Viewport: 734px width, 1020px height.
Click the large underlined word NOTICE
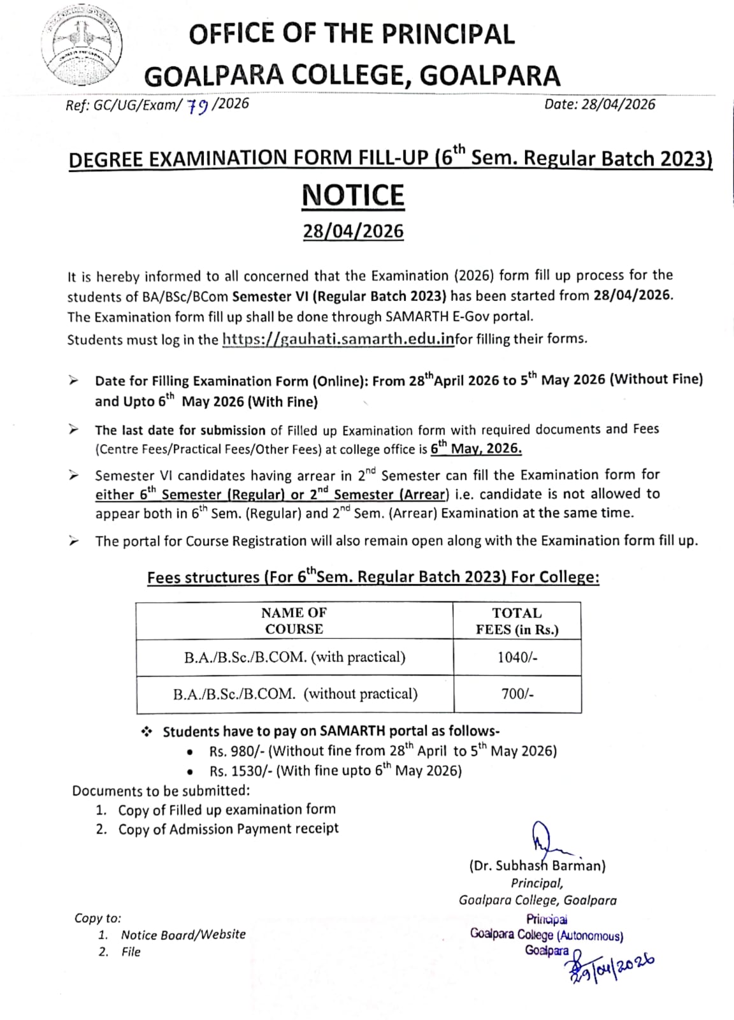[x=353, y=195]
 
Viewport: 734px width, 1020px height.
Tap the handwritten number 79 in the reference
[x=198, y=106]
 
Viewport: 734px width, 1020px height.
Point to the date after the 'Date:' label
[x=617, y=104]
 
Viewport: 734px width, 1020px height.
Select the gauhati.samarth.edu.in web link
[x=338, y=339]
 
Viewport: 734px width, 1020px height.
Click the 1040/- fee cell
[x=517, y=657]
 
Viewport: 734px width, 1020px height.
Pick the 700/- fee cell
[x=517, y=694]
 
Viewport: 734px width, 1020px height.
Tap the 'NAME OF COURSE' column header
[x=294, y=620]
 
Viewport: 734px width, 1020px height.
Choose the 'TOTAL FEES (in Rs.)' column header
[x=517, y=621]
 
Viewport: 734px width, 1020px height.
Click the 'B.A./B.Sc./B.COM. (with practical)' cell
[x=294, y=657]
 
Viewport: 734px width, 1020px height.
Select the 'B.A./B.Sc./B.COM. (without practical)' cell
[x=295, y=694]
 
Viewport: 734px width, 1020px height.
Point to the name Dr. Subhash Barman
[x=537, y=866]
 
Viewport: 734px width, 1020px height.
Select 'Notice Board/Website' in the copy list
[x=183, y=935]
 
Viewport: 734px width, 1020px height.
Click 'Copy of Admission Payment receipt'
[x=228, y=829]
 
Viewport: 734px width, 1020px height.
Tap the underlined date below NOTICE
[x=353, y=231]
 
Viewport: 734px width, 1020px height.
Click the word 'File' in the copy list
[x=131, y=952]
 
